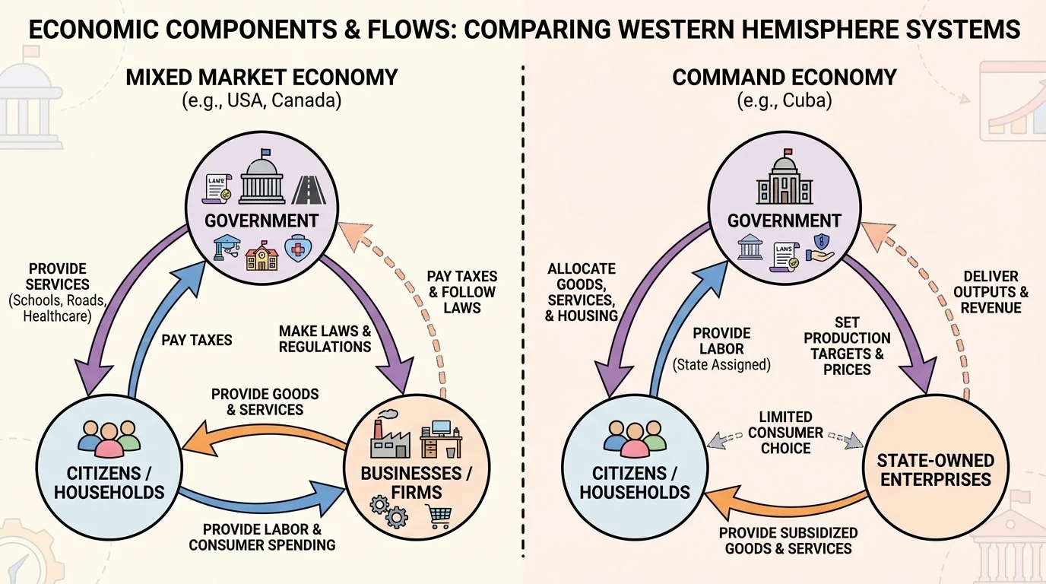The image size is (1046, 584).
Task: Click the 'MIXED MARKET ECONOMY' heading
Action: click(261, 77)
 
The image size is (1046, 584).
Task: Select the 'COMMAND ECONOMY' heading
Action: click(784, 77)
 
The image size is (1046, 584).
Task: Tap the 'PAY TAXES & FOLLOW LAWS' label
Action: click(461, 292)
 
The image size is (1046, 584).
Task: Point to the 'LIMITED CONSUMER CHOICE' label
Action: click(785, 433)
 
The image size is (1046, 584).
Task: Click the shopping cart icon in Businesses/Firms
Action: click(439, 517)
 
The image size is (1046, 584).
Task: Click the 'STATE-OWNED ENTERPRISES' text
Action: click(935, 470)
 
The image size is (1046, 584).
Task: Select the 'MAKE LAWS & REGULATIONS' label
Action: click(325, 339)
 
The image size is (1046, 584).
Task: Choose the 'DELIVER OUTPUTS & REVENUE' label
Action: click(991, 292)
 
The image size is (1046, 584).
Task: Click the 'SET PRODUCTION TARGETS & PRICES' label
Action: click(847, 346)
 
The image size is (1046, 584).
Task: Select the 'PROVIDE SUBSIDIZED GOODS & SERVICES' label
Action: click(788, 541)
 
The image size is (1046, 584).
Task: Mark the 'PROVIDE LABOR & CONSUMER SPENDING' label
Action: click(261, 537)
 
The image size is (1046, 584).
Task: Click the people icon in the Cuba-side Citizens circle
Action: click(634, 436)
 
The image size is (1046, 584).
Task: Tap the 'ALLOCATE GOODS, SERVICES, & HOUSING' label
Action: click(582, 292)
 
